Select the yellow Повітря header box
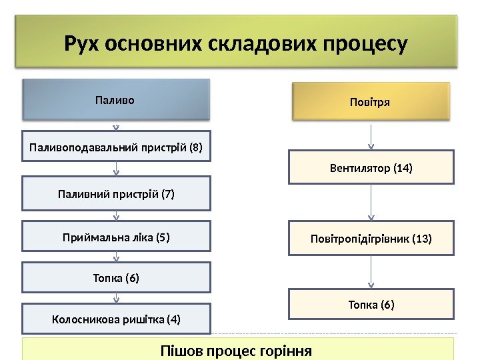point(371,101)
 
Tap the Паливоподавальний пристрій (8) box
point(116,147)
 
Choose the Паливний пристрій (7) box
point(116,193)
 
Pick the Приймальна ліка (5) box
point(116,236)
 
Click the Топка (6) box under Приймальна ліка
point(116,277)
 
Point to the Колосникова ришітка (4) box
point(116,319)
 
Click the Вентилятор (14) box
point(371,167)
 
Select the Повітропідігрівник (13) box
point(371,238)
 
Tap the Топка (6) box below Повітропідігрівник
point(371,305)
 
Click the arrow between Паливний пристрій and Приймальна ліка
point(117,215)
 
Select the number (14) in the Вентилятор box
point(403,168)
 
